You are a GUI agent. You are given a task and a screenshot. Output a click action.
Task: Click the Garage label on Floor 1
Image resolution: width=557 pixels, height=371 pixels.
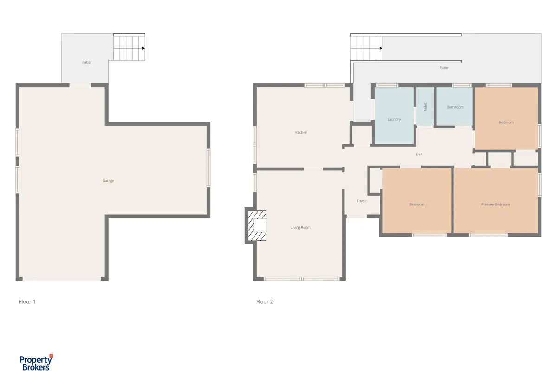(x=108, y=181)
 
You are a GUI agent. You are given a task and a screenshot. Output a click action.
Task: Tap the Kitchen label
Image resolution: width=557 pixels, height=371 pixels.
(x=301, y=133)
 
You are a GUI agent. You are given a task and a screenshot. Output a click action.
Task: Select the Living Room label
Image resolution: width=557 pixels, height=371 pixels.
(x=300, y=227)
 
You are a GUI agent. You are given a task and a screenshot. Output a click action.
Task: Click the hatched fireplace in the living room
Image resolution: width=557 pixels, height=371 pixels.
(x=257, y=226)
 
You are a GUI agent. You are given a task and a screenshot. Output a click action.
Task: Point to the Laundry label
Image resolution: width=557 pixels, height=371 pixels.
(x=394, y=119)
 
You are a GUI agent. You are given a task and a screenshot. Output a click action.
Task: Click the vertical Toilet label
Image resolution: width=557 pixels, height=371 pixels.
(x=425, y=107)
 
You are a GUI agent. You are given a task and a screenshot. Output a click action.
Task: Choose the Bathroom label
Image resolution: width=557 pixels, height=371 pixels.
(x=455, y=107)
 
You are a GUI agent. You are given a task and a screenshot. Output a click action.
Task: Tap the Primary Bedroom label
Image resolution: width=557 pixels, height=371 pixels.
(x=495, y=205)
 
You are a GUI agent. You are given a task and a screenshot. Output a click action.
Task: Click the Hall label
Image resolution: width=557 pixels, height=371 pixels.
(x=419, y=154)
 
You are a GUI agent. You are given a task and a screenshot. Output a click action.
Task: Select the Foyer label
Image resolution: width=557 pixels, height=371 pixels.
(x=361, y=201)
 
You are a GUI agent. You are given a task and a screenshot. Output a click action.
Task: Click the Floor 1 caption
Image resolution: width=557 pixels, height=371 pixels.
(x=27, y=302)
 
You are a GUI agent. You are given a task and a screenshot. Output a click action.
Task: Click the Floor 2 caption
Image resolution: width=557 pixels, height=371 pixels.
(x=265, y=302)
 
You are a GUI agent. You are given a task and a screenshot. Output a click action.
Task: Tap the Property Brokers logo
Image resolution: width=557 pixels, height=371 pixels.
(x=36, y=363)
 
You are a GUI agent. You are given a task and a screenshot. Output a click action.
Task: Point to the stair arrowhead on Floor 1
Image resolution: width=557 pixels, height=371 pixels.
(x=143, y=48)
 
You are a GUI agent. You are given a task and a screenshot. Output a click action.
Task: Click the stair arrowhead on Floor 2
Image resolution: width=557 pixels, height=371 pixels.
(x=381, y=48)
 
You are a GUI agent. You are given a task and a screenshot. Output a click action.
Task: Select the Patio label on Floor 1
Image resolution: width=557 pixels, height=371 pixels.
(x=86, y=62)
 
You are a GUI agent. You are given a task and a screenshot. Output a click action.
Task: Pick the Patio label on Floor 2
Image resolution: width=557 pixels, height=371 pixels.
(x=444, y=68)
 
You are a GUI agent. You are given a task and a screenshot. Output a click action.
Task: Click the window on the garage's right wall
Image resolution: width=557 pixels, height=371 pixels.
(x=208, y=168)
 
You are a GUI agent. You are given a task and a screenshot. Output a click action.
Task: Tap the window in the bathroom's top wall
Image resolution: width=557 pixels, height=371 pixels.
(x=461, y=85)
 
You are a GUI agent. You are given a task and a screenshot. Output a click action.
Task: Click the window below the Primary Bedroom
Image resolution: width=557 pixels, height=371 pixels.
(x=488, y=235)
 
